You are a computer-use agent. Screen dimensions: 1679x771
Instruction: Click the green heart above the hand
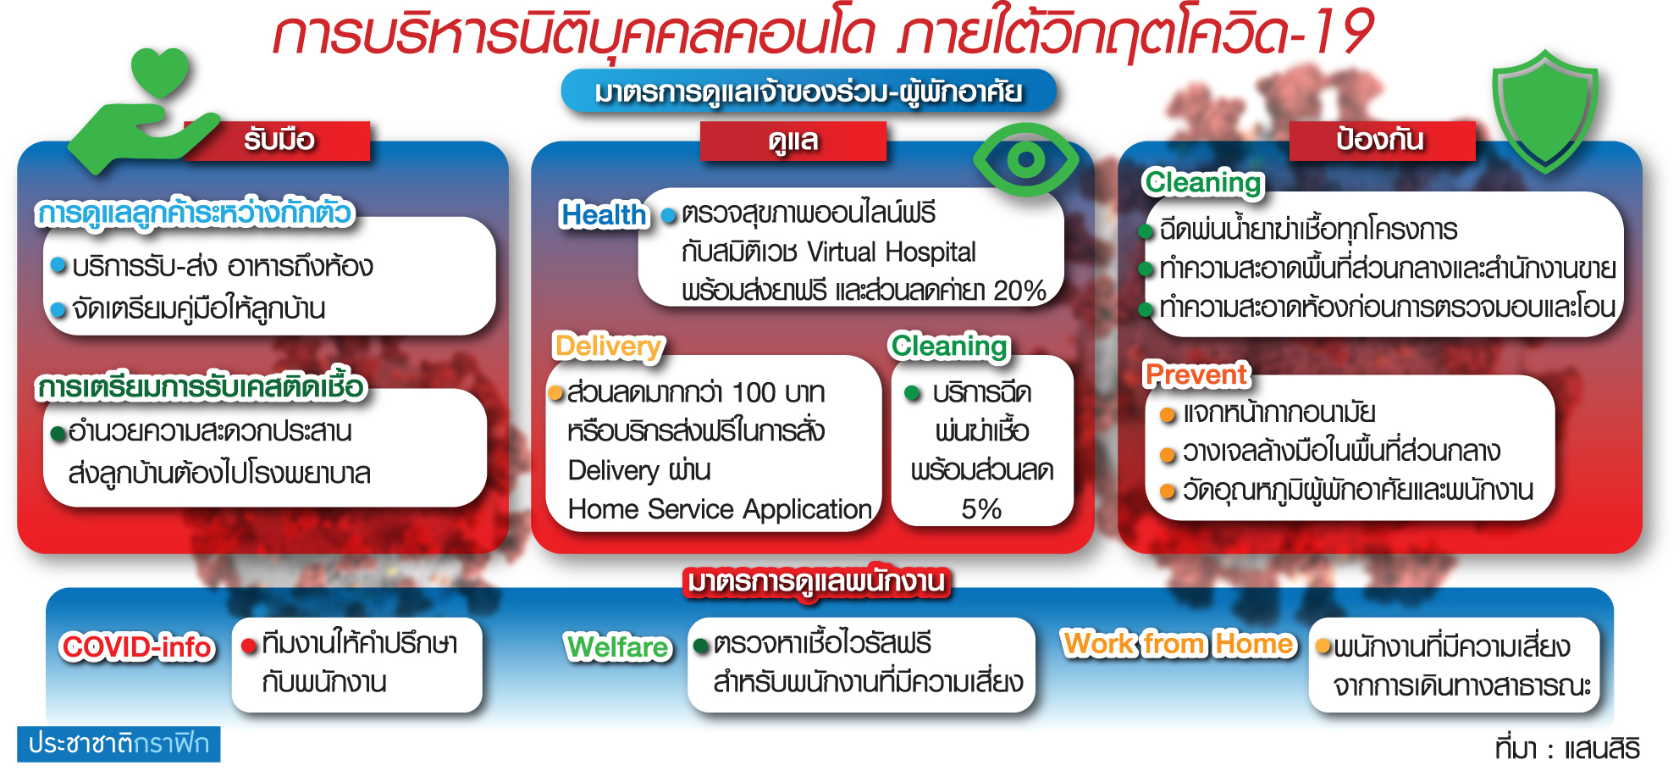[160, 72]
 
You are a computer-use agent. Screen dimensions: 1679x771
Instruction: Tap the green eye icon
[1025, 159]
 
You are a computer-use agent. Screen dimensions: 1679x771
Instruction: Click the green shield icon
[1545, 110]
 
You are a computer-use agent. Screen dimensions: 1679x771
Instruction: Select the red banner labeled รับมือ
[279, 140]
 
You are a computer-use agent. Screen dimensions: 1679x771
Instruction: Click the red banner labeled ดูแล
[793, 141]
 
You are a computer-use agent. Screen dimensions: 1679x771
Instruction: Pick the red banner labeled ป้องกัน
[1382, 140]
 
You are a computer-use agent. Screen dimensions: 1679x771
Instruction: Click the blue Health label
[604, 215]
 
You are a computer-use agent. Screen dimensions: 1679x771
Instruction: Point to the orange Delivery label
[608, 347]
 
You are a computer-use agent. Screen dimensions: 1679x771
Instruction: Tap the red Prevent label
[1196, 374]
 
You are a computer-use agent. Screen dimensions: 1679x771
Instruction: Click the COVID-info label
[137, 647]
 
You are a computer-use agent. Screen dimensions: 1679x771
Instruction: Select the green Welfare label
[618, 647]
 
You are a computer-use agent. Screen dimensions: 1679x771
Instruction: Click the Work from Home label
[1179, 645]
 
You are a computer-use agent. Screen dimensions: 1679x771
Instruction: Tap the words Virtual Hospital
[892, 252]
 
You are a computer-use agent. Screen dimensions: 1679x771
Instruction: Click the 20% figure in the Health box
[1020, 291]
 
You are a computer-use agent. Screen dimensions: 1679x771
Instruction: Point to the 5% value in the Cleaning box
[981, 509]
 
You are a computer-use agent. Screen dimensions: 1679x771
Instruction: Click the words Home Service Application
[720, 509]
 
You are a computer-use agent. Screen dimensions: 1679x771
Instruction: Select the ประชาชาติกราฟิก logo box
[119, 744]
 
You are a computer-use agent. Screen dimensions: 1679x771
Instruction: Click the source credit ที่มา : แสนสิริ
[1567, 749]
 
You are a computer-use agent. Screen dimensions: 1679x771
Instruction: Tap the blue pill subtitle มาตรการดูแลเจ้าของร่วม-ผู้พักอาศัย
[809, 92]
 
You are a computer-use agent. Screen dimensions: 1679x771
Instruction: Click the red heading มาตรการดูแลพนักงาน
[816, 582]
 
